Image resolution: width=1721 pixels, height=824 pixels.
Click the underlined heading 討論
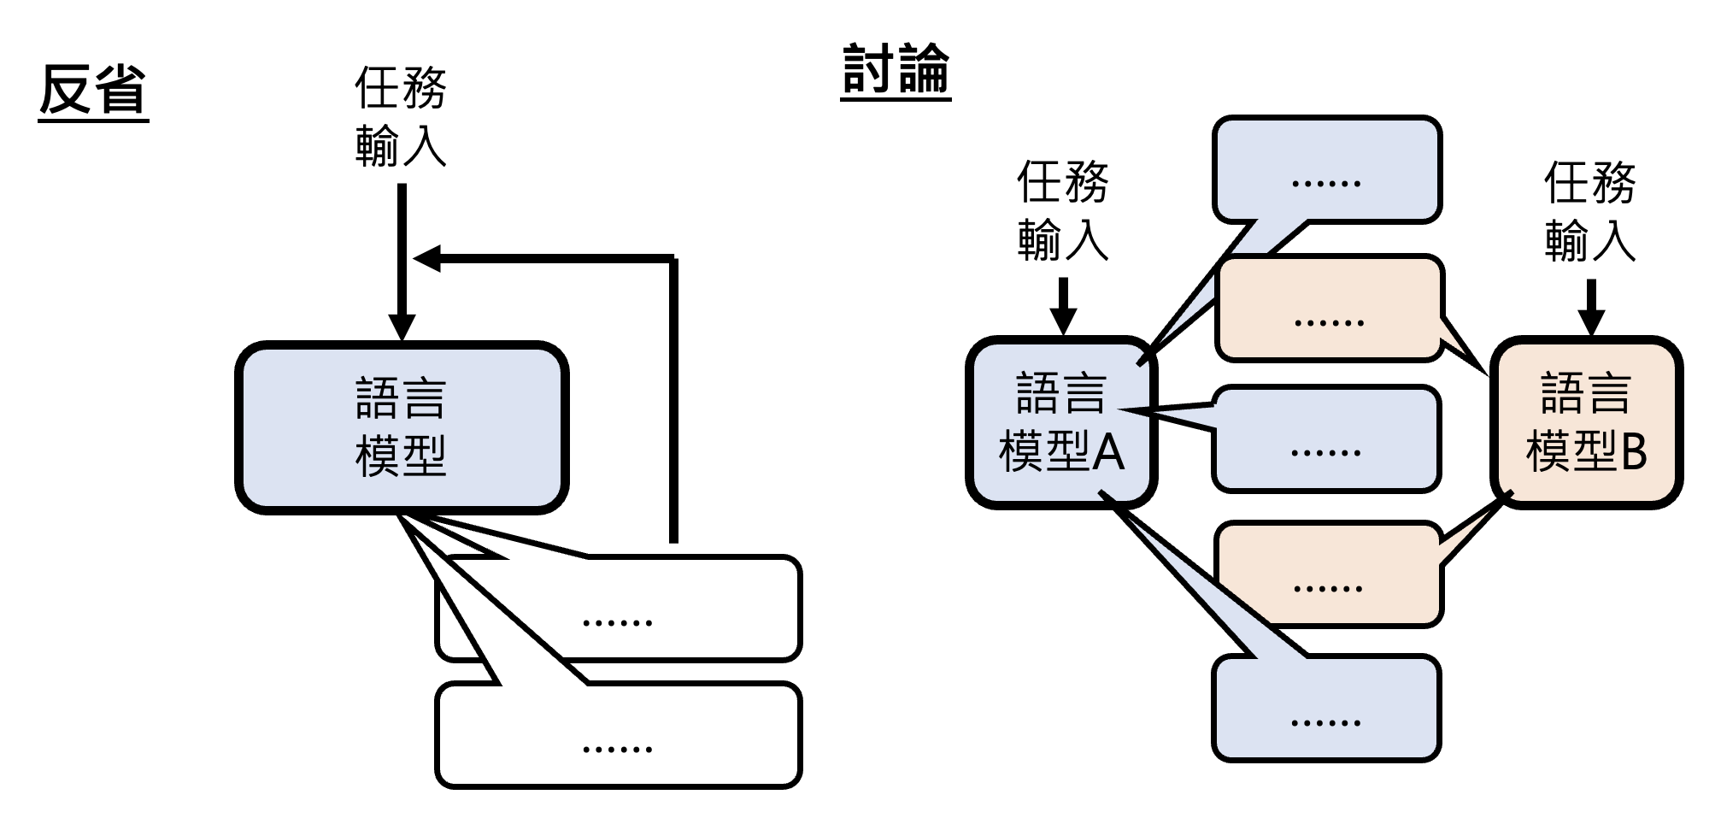point(896,69)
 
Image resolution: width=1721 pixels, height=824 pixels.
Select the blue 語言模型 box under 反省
point(401,427)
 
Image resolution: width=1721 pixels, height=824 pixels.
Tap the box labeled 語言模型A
point(1061,422)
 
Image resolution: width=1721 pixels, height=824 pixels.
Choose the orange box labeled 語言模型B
point(1587,422)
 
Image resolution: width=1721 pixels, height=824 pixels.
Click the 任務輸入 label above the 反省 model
point(401,117)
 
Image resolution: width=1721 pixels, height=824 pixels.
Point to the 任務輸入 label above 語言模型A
point(1062,211)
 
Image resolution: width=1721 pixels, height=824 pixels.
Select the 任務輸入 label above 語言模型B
point(1589,211)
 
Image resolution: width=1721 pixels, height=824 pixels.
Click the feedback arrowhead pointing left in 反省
point(427,258)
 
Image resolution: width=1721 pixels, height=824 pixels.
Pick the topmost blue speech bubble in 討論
point(1326,169)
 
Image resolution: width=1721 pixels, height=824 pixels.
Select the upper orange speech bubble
point(1329,308)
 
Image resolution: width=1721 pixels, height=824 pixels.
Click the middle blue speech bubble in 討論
point(1326,438)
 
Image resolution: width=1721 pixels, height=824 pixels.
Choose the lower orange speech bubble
point(1329,574)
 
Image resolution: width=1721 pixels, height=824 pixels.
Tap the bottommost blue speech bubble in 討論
point(1326,708)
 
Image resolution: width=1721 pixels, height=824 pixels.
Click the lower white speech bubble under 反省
point(617,735)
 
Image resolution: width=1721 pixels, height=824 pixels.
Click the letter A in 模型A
point(1108,451)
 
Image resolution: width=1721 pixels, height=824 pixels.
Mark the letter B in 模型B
point(1633,451)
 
